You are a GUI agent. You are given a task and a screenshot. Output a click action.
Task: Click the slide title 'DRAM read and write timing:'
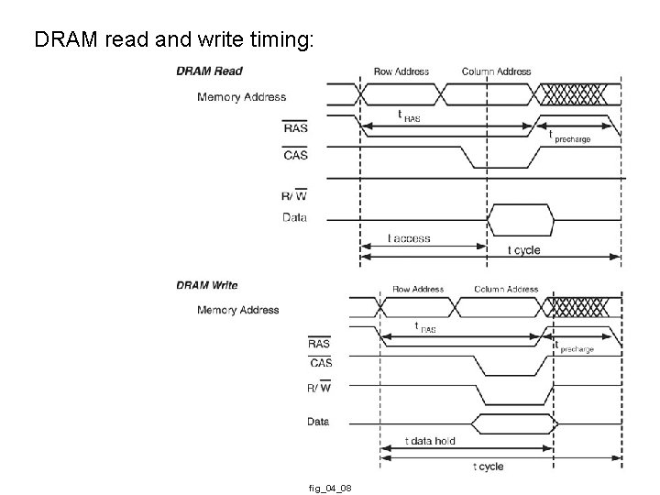pyautogui.click(x=173, y=40)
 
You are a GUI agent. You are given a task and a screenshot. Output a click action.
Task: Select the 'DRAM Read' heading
pyautogui.click(x=210, y=71)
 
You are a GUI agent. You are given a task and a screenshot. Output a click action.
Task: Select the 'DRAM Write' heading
pyautogui.click(x=207, y=285)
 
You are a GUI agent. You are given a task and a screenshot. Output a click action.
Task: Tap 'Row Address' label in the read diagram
pyautogui.click(x=401, y=71)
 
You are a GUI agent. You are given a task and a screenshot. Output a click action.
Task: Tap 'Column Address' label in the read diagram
pyautogui.click(x=496, y=71)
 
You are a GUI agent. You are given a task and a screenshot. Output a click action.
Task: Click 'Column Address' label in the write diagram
pyautogui.click(x=506, y=289)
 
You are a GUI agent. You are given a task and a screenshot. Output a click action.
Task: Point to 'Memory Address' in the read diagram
pyautogui.click(x=241, y=97)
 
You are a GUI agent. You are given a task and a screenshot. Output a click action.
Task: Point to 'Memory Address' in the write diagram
pyautogui.click(x=237, y=310)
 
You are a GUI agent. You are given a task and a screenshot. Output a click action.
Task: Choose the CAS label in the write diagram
pyautogui.click(x=321, y=363)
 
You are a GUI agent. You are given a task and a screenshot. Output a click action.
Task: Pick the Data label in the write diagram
pyautogui.click(x=318, y=422)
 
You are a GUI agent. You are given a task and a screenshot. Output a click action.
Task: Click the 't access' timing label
pyautogui.click(x=409, y=238)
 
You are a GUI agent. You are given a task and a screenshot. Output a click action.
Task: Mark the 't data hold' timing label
pyautogui.click(x=430, y=441)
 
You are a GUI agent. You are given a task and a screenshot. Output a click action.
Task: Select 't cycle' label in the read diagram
pyautogui.click(x=523, y=250)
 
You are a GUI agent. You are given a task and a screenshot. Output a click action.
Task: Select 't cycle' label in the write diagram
pyautogui.click(x=488, y=467)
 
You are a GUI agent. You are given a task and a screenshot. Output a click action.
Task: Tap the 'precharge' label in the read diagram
pyautogui.click(x=572, y=139)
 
